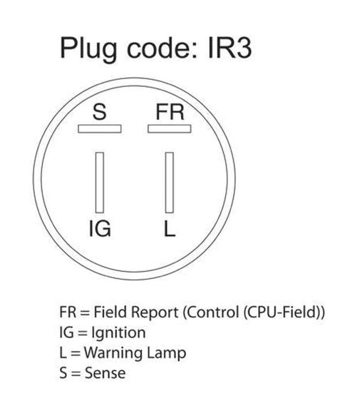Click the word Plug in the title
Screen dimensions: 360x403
[88, 49]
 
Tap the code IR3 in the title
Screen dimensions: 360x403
[230, 48]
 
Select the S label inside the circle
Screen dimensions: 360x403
[99, 112]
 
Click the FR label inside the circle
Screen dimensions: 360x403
[170, 112]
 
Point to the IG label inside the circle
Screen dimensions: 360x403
[100, 229]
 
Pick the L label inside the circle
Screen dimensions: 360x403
[170, 229]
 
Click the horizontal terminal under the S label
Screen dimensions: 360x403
[99, 129]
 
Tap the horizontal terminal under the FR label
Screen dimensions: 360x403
[170, 129]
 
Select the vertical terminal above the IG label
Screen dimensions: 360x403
[100, 183]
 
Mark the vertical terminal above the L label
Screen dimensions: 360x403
[170, 183]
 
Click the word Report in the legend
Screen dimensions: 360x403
[155, 313]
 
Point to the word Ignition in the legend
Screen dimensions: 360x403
[119, 333]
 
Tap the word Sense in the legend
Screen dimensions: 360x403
[105, 373]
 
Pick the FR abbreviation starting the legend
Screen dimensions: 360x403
[68, 312]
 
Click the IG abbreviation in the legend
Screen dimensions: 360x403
[66, 332]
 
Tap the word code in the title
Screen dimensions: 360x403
[160, 49]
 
